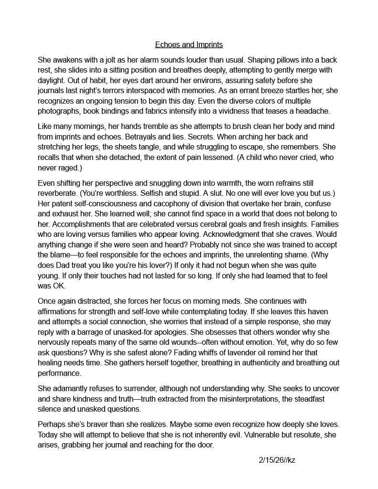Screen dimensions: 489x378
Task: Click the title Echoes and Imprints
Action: click(189, 45)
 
